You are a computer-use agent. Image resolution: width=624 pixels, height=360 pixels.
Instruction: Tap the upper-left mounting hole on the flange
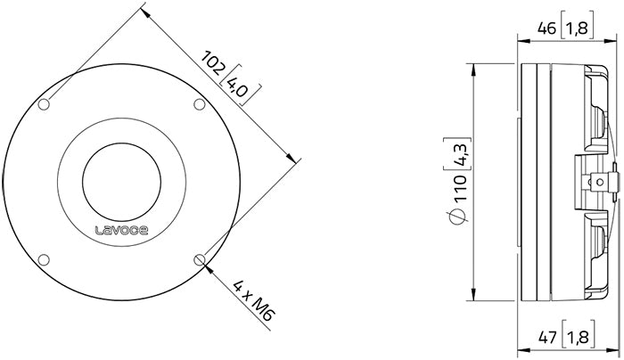[x=45, y=105]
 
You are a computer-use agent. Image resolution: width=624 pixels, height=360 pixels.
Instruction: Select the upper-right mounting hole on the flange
[x=199, y=105]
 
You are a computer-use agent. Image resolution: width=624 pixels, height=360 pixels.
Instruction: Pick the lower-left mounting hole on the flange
[x=45, y=259]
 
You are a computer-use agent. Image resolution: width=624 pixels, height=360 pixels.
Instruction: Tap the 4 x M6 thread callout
[x=250, y=302]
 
